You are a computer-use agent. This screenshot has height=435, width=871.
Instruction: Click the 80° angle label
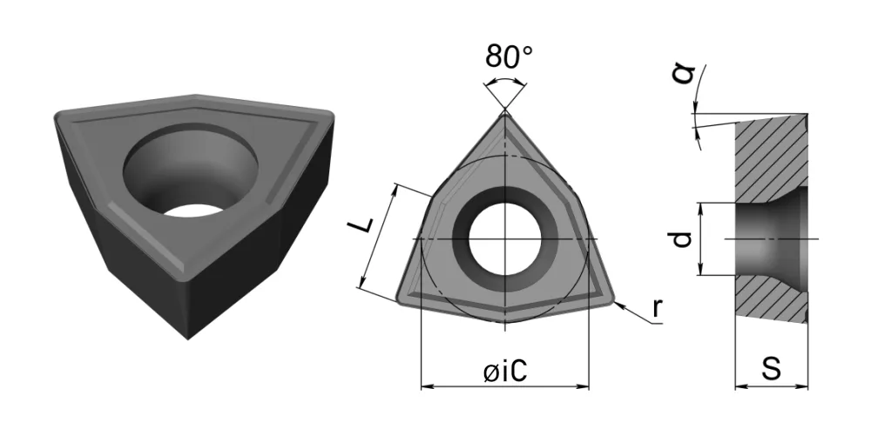[x=509, y=56]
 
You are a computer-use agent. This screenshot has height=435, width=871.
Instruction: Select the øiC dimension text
[x=504, y=371]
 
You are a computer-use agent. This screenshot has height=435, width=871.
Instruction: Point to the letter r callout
[x=658, y=307]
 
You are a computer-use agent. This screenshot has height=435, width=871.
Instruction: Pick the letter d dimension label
[x=682, y=239]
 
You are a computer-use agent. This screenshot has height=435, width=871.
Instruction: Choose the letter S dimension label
[x=771, y=368]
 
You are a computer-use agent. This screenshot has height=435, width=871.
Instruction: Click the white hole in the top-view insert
[x=505, y=239]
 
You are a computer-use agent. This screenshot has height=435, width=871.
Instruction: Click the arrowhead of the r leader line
[x=619, y=304]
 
